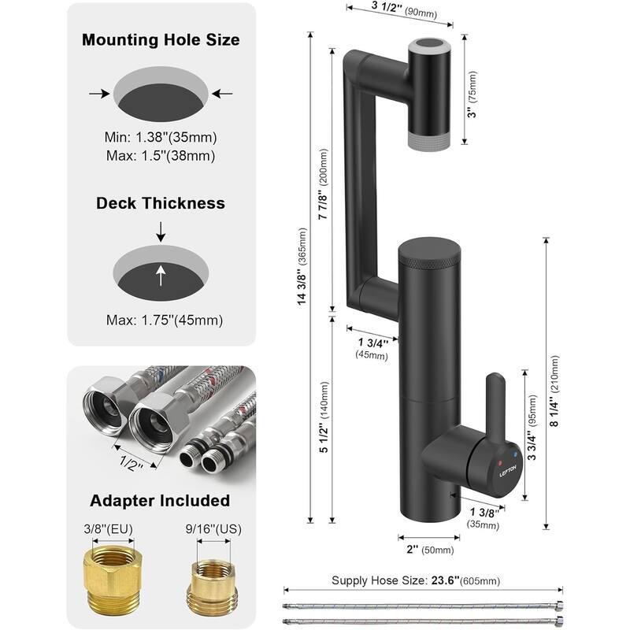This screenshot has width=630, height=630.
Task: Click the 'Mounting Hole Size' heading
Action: pos(161,39)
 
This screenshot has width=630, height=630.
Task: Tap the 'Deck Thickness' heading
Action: pos(161,203)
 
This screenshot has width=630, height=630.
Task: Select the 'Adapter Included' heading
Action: pos(160,500)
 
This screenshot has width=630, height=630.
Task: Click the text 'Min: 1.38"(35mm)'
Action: pos(161,137)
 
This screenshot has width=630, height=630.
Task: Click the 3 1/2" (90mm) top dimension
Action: pos(397,10)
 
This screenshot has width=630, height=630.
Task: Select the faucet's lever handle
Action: pos(495,402)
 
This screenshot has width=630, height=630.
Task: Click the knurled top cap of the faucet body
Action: pos(430,250)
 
